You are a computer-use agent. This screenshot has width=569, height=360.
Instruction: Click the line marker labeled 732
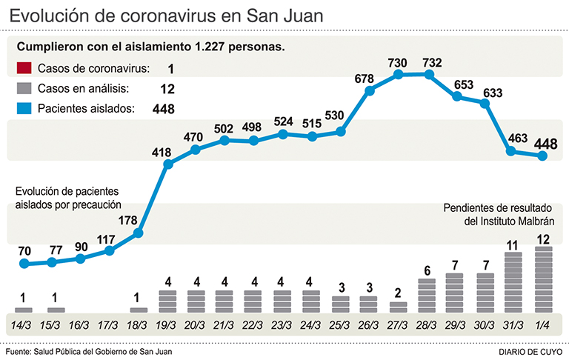[x=428, y=73]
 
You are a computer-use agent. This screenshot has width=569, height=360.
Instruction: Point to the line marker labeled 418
[x=167, y=164]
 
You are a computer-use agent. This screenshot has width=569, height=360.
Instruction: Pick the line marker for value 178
[x=138, y=234]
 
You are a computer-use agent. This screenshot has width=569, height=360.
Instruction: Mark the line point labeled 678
[x=370, y=91]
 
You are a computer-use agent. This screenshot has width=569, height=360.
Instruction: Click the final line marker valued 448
[x=543, y=155]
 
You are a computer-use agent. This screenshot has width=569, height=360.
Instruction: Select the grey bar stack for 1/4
[x=543, y=280]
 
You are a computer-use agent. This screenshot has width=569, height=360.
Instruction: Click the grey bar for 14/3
[x=24, y=310]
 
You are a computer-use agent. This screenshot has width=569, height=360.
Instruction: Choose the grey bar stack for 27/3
[x=399, y=306]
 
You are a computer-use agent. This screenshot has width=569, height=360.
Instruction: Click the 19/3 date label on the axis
[x=167, y=325]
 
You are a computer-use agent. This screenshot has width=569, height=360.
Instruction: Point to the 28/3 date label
[x=427, y=325]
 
